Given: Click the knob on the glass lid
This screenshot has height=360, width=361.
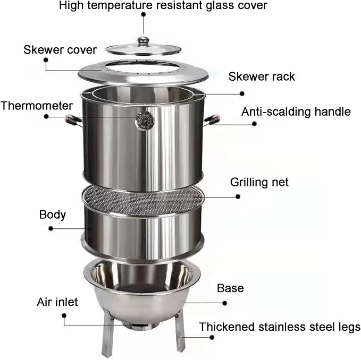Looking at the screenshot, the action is point(143,41).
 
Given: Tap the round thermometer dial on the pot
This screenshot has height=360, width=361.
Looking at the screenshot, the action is point(145,121).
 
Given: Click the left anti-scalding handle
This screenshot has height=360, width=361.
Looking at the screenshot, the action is point(73,121).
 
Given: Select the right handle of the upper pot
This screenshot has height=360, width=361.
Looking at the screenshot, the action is point(212,121).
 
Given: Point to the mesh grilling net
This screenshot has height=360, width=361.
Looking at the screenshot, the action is point(143,200).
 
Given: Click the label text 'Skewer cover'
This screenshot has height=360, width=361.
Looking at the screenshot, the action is point(60,50).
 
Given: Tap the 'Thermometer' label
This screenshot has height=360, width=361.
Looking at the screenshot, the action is point(37,106).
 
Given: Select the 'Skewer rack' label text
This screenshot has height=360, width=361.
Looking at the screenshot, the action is point(262,76).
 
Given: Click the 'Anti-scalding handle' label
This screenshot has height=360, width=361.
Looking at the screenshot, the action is point(296,112).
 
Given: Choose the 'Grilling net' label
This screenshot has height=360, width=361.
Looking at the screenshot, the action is point(259,182).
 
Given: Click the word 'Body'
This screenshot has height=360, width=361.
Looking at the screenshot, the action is point(53,215).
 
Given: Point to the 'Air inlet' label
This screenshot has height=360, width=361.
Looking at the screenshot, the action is point(57,302).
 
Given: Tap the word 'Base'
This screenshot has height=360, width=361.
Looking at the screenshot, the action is point(230,288).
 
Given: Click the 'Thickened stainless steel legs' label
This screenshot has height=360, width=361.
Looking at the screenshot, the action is point(280,327).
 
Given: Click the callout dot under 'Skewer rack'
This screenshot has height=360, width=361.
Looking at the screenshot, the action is point(242,93).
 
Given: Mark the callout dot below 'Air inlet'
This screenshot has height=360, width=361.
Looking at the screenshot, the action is point(64,315).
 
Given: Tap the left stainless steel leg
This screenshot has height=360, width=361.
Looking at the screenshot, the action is point(108,331).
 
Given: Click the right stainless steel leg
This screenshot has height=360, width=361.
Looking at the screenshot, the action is point(180,330).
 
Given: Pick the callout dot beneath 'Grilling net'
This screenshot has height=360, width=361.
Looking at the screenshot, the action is point(238,196).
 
